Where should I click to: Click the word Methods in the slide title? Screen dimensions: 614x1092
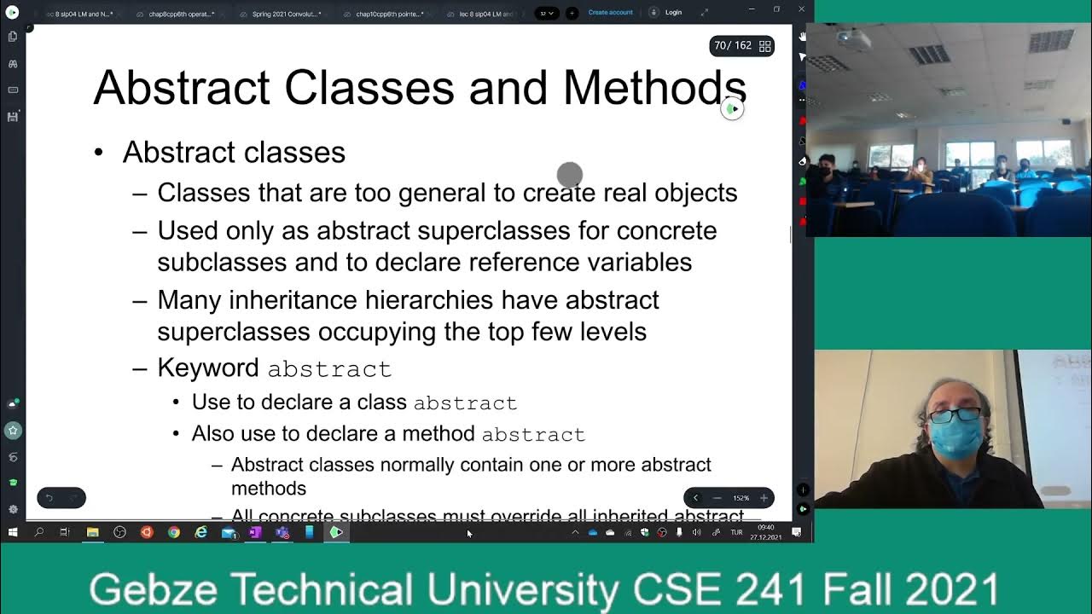tap(654, 87)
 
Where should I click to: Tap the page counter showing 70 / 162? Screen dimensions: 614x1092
tap(733, 46)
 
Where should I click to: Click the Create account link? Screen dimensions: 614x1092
tap(610, 13)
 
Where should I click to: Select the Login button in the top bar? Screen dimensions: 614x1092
tap(673, 13)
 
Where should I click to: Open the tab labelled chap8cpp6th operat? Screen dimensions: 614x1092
tap(181, 14)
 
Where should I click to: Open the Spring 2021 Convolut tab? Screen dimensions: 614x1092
tap(286, 14)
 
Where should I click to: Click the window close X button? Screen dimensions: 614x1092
tap(801, 9)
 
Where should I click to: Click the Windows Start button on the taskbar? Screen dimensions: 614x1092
tap(13, 532)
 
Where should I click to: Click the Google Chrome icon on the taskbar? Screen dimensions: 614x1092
tap(174, 532)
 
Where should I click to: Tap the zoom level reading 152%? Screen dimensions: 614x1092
tap(741, 498)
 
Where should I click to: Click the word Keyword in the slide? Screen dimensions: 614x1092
tap(208, 368)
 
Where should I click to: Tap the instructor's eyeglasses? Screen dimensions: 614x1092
tap(955, 415)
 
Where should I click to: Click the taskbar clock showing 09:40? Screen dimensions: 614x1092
tap(765, 528)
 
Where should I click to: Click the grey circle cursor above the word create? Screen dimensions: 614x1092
tap(569, 175)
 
